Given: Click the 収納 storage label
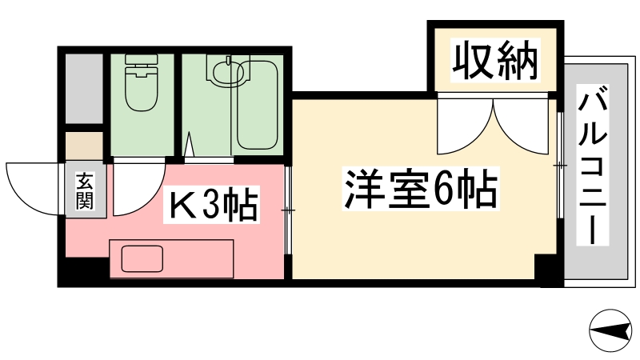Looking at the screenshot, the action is pos(495,60).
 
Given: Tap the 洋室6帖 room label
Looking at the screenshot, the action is pos(421,189).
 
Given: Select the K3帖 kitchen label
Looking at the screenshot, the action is pos(211,204).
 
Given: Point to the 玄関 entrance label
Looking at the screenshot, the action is pos(85,191).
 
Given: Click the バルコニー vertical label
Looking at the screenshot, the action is pos(592,165).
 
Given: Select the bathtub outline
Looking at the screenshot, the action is pos(257,106).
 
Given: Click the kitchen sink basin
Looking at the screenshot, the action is pos(142,258).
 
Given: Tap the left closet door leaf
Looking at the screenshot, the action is pos(465,126).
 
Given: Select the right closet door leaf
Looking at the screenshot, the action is pos(521,126).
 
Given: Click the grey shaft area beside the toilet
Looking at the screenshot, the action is pos(84,88).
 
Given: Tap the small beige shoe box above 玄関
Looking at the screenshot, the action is pos(84,146).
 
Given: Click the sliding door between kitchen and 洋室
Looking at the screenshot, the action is pos(288,210).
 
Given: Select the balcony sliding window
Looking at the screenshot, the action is pos(560,166).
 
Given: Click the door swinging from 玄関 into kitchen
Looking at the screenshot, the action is pos(138,189).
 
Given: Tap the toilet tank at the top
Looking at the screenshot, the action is pos(142,59).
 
